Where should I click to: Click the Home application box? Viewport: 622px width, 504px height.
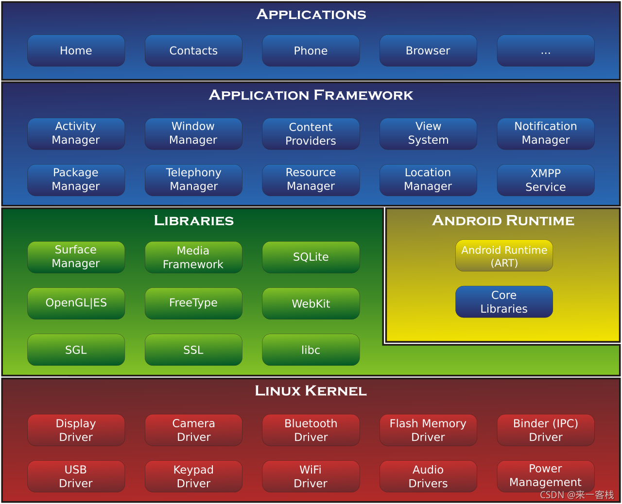tap(76, 50)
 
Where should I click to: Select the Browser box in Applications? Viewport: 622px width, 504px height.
tap(428, 50)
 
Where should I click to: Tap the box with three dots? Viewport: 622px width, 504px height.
tap(546, 50)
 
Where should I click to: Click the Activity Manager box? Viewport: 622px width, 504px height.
tap(76, 134)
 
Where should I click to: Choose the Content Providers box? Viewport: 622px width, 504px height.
tap(311, 134)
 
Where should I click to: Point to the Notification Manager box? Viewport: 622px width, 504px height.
tap(546, 134)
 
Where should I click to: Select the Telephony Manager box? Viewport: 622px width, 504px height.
tap(193, 180)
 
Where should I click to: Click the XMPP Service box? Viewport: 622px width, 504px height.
tap(546, 180)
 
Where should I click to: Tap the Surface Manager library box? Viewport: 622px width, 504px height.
tap(76, 257)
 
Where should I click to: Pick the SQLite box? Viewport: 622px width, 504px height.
tap(311, 257)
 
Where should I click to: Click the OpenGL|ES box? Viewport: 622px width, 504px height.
tap(76, 303)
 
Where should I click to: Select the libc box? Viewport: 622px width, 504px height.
tap(311, 350)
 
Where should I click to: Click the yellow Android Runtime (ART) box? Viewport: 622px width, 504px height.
tap(504, 255)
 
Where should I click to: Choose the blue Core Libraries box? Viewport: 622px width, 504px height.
tap(504, 302)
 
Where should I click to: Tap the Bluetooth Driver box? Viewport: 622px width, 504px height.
tap(311, 430)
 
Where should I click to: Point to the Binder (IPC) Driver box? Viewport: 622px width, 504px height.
tap(546, 430)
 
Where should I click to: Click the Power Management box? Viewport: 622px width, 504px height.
tap(546, 476)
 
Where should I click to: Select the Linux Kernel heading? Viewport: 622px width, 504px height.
tap(311, 391)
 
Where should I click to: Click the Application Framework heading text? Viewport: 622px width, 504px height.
tap(311, 95)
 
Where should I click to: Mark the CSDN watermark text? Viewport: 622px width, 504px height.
tap(577, 495)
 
